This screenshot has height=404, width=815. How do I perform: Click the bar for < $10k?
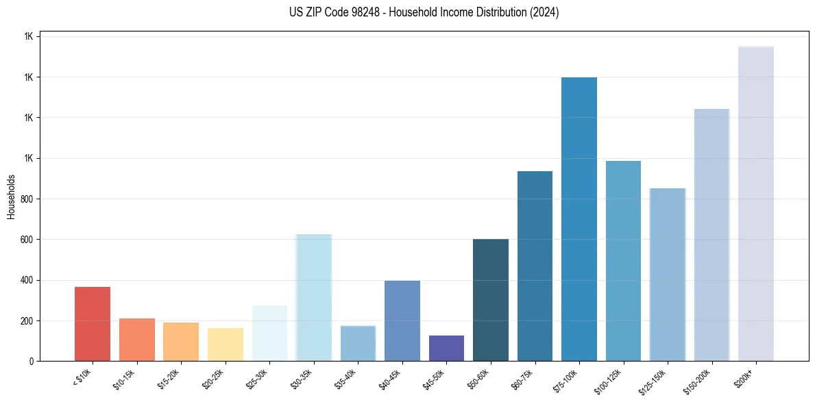coord(93,324)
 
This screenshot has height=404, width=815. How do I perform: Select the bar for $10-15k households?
coord(137,340)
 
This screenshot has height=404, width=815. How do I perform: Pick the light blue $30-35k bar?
coord(314,297)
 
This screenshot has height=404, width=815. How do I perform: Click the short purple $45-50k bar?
coord(446,348)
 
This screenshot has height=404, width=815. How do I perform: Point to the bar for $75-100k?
coord(579,219)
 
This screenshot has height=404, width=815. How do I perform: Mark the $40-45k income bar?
coord(402,320)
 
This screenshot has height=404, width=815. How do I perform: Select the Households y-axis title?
coord(11,197)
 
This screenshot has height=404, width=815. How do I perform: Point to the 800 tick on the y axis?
coord(26,199)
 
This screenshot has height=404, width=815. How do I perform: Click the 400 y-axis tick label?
coord(26,280)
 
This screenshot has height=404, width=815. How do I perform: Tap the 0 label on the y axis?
coord(32,361)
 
